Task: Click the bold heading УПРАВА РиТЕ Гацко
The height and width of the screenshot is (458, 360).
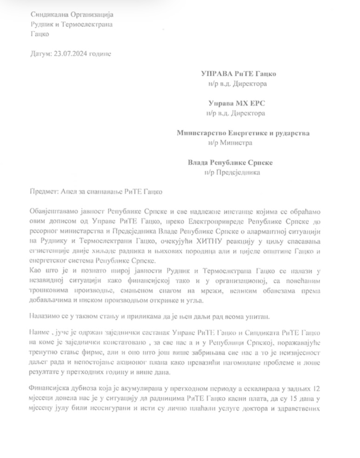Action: tap(241, 74)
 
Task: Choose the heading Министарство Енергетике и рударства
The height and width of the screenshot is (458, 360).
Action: tap(243, 133)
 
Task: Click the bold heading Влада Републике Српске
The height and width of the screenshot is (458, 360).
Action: tap(230, 163)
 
